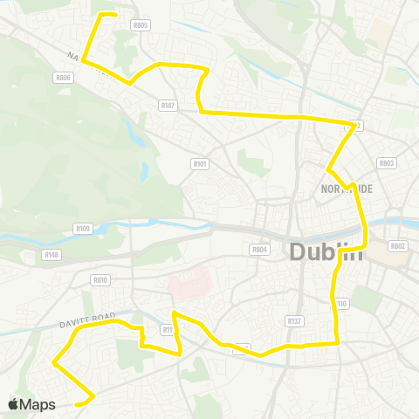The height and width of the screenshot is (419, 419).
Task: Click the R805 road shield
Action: click(140, 25)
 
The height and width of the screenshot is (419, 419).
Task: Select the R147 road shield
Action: click(168, 105)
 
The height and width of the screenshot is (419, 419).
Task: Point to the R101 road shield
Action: click(200, 162)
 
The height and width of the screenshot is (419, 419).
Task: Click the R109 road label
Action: click(83, 229)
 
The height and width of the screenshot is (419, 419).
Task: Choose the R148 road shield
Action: click(52, 255)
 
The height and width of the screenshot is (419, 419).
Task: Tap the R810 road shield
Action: click(100, 280)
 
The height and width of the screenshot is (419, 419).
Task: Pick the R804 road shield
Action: click(259, 250)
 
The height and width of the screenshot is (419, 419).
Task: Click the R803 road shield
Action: click(387, 162)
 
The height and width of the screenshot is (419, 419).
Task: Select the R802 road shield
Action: click(398, 246)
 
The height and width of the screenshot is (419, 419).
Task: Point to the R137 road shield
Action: click(294, 321)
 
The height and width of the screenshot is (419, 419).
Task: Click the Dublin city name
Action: click(325, 252)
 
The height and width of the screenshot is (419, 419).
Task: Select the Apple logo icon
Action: click(12, 404)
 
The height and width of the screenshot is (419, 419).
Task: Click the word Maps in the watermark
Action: click(38, 404)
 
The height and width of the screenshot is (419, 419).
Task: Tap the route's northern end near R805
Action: click(115, 14)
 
